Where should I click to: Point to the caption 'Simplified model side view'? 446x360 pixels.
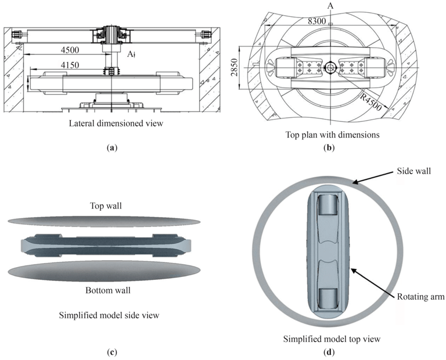109,315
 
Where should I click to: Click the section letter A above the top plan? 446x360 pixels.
330,6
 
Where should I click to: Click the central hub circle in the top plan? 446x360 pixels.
330,68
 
